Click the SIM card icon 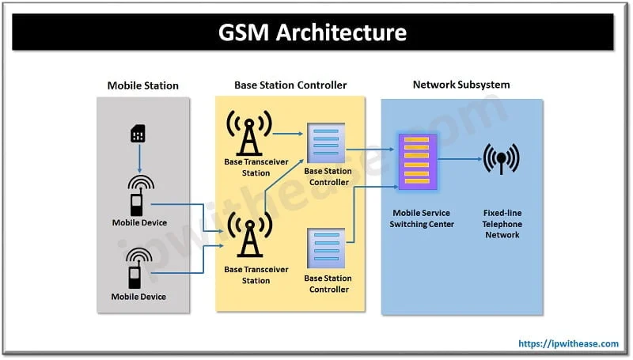[138, 134]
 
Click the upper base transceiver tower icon [249, 133]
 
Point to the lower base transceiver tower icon [250, 235]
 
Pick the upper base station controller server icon [326, 143]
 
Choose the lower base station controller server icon [326, 248]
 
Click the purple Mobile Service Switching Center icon [418, 161]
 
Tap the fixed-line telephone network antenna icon [502, 158]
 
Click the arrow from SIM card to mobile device [140, 157]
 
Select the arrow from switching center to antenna [460, 158]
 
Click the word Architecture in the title [341, 32]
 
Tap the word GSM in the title [244, 32]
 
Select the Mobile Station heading [143, 85]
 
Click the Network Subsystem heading [461, 85]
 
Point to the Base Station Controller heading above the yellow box [290, 85]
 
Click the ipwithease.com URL [568, 343]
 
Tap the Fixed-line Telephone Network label [502, 224]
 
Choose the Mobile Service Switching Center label [422, 218]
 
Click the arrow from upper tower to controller [288, 133]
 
